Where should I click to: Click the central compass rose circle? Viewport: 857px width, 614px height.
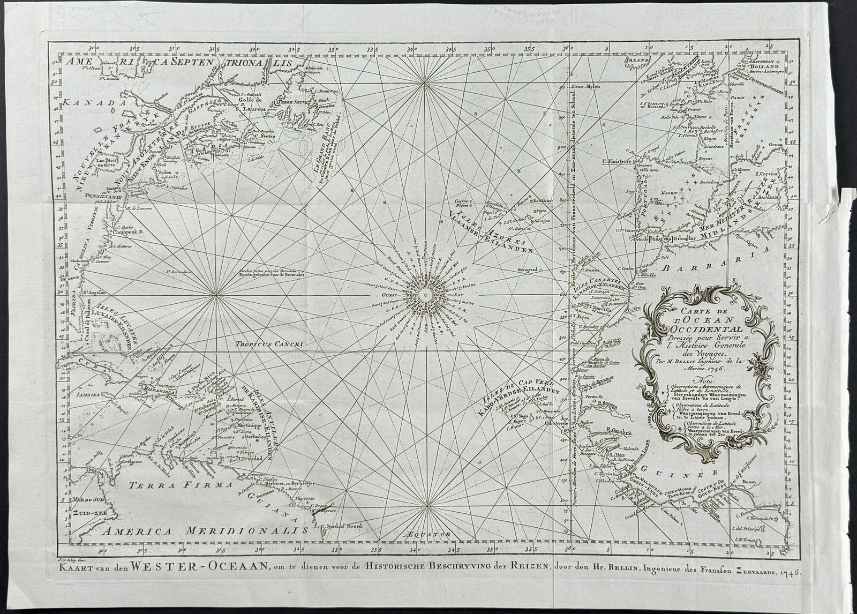click(x=424, y=294)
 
